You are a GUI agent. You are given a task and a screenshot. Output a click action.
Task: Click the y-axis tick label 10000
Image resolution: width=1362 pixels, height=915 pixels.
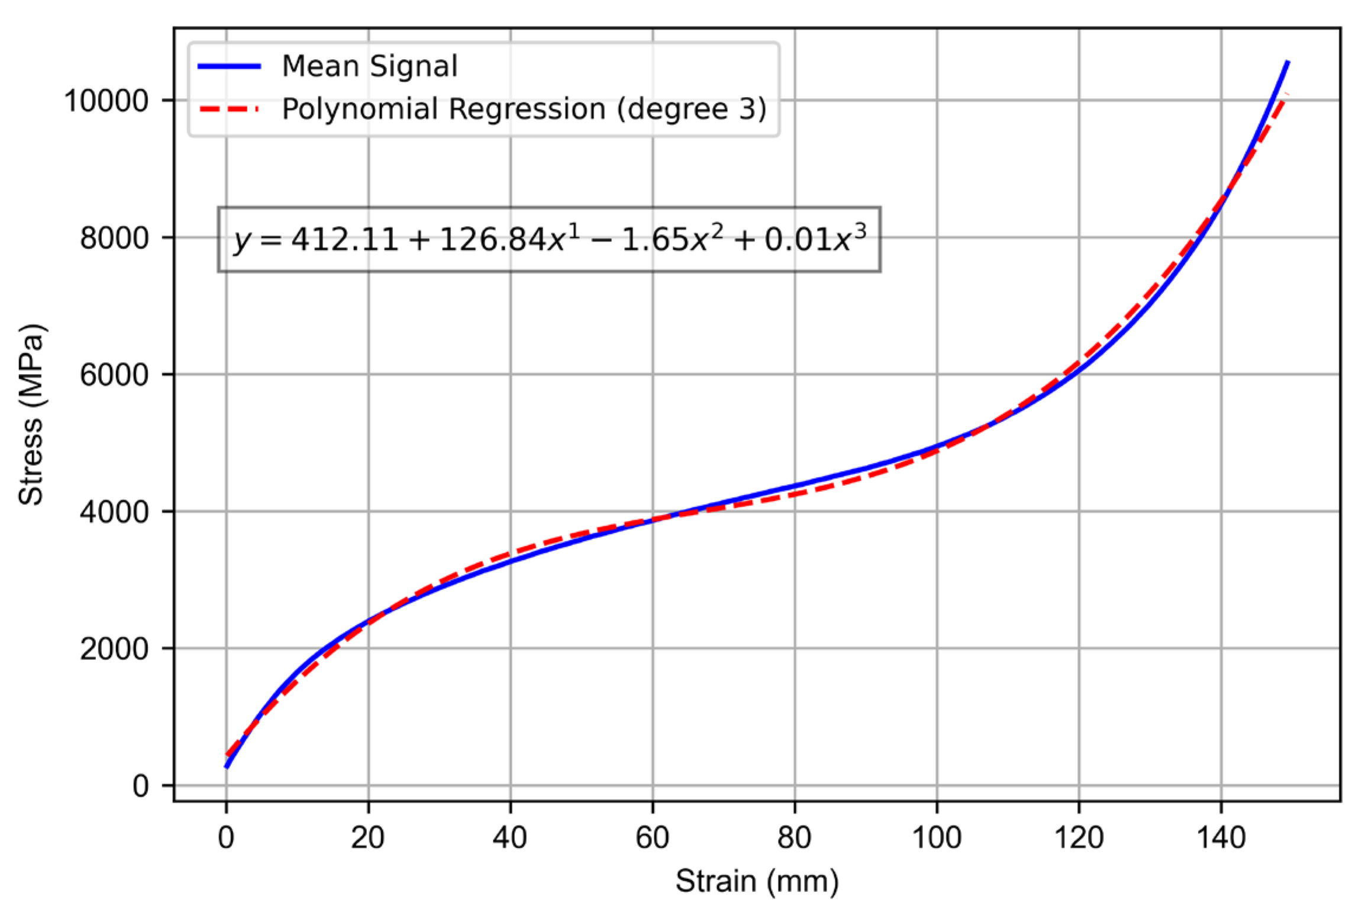click(106, 101)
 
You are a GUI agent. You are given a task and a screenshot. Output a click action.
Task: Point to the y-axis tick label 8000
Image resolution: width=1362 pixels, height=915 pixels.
click(114, 239)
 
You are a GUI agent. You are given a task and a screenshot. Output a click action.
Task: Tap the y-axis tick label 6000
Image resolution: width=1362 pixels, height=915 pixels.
click(114, 375)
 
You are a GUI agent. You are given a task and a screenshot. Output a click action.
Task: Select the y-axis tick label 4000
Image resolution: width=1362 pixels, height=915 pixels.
click(114, 512)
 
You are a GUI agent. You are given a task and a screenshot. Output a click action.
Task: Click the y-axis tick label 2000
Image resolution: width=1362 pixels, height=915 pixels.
click(114, 649)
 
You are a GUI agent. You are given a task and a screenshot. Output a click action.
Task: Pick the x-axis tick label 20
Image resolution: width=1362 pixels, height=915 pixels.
click(367, 838)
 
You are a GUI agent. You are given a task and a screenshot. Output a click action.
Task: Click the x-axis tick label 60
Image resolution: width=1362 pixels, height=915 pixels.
click(652, 838)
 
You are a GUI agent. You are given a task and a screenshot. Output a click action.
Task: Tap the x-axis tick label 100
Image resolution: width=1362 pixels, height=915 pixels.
click(937, 838)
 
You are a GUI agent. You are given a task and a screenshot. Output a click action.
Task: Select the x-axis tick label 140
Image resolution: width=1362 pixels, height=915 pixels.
click(1221, 838)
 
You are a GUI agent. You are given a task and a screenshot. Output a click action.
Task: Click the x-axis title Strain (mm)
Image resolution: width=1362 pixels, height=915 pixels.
click(757, 881)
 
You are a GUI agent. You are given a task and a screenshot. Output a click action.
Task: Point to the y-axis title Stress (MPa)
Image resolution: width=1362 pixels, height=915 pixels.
click(31, 414)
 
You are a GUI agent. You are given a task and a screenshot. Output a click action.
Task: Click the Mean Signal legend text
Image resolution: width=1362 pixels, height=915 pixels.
click(370, 66)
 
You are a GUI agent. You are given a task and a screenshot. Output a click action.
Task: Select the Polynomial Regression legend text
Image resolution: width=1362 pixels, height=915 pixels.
click(524, 109)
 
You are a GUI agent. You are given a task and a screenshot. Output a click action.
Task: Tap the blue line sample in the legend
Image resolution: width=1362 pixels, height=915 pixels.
click(230, 66)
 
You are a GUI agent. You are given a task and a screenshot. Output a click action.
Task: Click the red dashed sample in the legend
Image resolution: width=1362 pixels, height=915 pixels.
click(230, 109)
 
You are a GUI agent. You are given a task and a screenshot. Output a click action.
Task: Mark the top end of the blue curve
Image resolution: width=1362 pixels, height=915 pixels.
click(1287, 62)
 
